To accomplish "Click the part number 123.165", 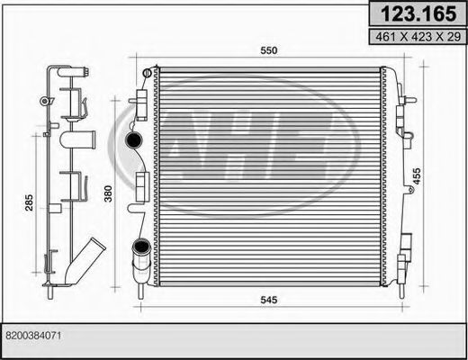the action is [x=418, y=13].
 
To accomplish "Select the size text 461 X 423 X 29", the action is [x=418, y=37].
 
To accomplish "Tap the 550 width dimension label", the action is [x=269, y=50].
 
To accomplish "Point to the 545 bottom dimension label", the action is [x=269, y=300].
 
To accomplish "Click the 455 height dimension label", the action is [x=417, y=176].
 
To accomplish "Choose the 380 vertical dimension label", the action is [x=108, y=193].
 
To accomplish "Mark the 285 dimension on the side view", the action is [x=29, y=202].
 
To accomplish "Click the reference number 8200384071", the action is [x=33, y=336].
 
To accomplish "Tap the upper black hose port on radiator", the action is [x=133, y=139].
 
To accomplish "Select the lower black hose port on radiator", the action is [x=141, y=247].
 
